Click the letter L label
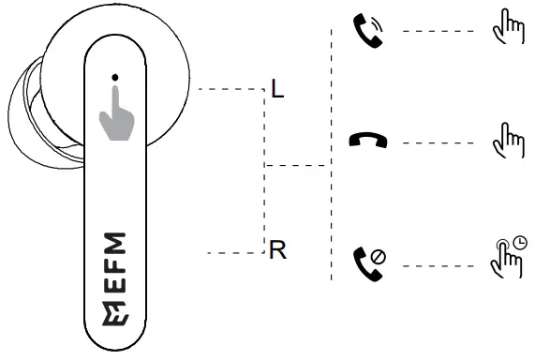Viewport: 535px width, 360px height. coord(276,90)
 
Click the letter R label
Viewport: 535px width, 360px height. coord(277,251)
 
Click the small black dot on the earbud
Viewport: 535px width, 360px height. coord(113,76)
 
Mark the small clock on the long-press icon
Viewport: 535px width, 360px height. coord(520,240)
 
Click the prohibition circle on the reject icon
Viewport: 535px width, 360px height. coord(379,255)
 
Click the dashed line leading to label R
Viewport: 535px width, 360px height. coord(234,252)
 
